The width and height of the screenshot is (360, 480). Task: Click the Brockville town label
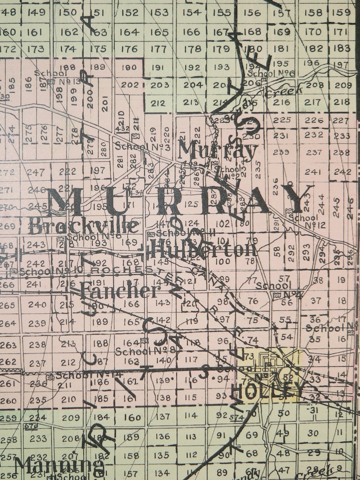point(83,225)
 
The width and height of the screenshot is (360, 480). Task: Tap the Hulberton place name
point(203,249)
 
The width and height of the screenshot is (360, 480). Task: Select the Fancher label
point(119,291)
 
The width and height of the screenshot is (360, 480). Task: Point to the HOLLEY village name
point(267,389)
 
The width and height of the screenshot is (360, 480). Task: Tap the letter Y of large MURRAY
point(297,198)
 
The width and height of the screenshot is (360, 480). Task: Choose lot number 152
point(130,13)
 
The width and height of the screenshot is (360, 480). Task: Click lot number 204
point(192,85)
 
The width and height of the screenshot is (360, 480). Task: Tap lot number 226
point(314,120)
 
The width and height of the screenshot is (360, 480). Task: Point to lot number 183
point(342,48)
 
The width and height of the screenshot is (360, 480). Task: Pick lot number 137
point(163,416)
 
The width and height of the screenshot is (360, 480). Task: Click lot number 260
point(9,401)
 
